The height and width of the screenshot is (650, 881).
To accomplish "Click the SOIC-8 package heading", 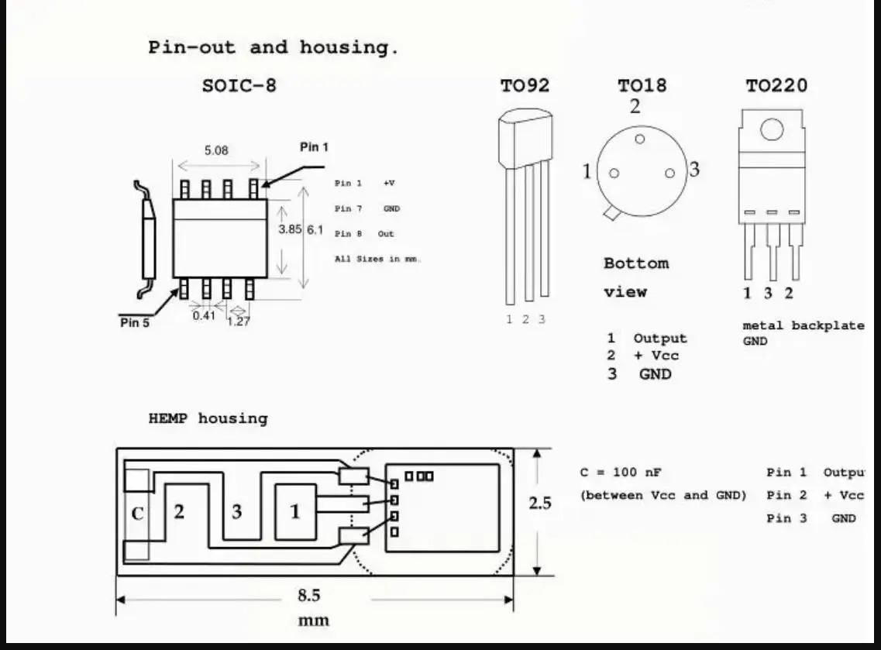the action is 239,85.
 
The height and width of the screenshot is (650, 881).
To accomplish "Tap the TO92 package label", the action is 525,85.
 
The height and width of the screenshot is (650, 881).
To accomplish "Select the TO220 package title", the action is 776,85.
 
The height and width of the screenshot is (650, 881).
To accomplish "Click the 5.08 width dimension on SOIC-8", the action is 216,150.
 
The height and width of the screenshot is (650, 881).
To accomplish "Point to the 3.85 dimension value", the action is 290,229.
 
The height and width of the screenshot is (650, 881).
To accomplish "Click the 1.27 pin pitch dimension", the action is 238,322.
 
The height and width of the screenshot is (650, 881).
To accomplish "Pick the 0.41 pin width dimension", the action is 204,316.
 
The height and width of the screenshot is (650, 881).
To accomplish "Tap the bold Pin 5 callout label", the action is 135,322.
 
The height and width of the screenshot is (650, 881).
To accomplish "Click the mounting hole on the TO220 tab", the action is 772,129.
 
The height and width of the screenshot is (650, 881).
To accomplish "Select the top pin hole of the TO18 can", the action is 639,139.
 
